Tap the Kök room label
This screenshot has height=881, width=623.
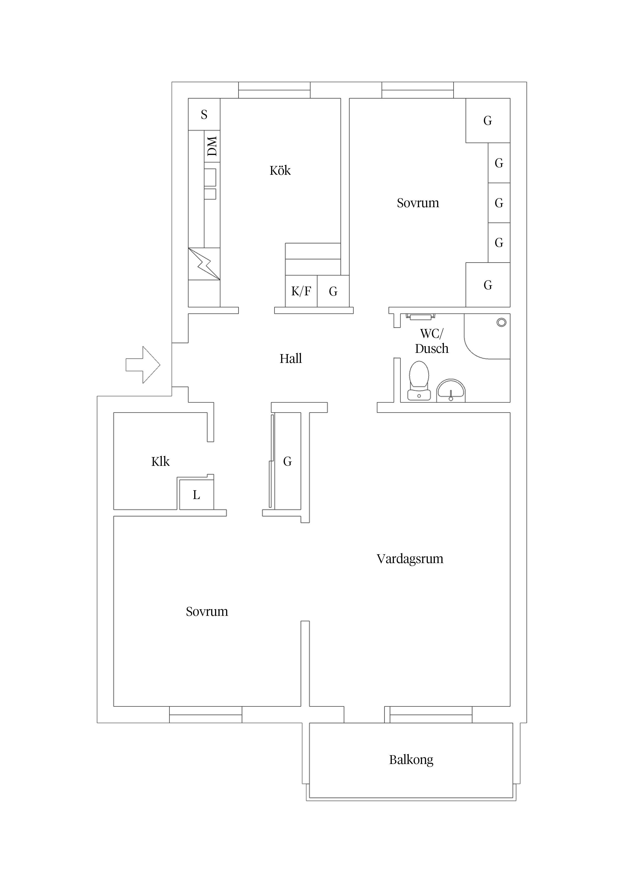tap(280, 171)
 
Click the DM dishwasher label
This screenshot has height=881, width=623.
tap(212, 146)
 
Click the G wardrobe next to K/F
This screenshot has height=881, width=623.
tap(333, 292)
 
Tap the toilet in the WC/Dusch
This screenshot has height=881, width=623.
tap(419, 380)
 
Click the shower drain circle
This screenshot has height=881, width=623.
tap(501, 322)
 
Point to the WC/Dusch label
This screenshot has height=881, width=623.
tap(432, 341)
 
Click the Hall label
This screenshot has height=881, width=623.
tap(291, 359)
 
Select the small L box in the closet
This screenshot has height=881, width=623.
tap(196, 495)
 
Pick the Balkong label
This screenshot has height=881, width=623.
tap(411, 760)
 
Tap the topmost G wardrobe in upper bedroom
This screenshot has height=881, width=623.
tap(488, 121)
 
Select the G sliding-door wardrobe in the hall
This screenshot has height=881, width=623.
tap(287, 461)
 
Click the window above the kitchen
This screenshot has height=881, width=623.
tap(274, 91)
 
